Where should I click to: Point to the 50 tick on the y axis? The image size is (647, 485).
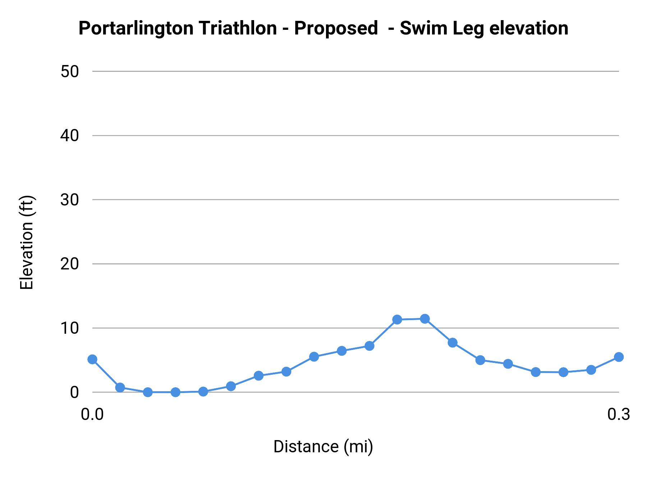[x=70, y=71]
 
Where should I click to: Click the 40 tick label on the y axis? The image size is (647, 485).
[x=70, y=136]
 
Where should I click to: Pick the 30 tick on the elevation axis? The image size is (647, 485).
[x=70, y=200]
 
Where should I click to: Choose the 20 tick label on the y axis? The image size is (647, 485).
[x=70, y=264]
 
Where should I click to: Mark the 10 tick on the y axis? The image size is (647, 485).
[x=70, y=328]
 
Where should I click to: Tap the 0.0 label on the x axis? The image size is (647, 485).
[x=92, y=415]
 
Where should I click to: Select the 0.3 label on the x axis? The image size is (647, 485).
[x=619, y=415]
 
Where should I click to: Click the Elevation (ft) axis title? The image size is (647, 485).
[x=27, y=242]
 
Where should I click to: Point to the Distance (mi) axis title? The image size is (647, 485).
[x=323, y=447]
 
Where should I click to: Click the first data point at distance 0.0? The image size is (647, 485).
[x=92, y=359]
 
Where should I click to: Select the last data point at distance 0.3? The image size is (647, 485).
[x=619, y=357]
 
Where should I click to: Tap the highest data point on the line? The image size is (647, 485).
[x=425, y=319]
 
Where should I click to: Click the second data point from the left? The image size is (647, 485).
[x=120, y=387]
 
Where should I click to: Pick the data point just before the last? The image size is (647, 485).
[x=591, y=370]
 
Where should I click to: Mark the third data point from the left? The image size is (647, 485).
[x=148, y=392]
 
